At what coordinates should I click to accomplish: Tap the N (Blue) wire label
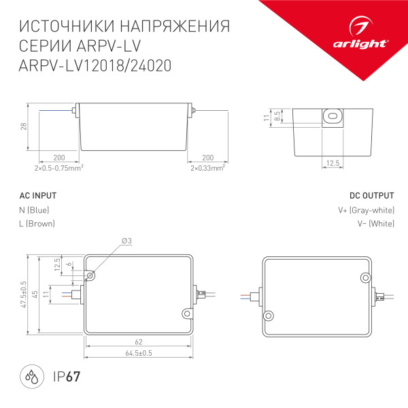coord(35,210)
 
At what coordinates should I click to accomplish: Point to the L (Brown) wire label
coord(37,224)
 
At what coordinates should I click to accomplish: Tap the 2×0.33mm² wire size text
coord(207,167)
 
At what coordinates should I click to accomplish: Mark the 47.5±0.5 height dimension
coord(23,295)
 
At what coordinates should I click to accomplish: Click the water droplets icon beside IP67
coord(31,375)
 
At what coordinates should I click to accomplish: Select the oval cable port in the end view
coord(333,116)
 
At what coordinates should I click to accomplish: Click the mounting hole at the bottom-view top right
coord(365,277)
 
